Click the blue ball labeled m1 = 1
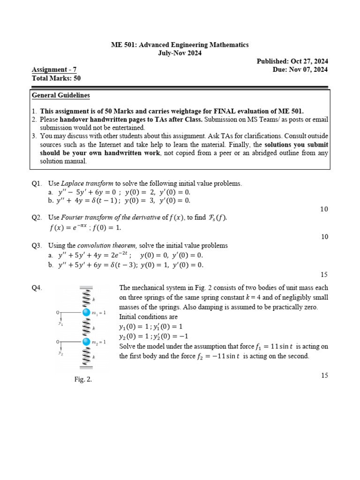coord(86,313)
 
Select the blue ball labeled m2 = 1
coord(86,342)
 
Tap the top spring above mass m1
coord(86,298)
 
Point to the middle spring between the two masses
coord(86,327)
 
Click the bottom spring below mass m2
coord(86,356)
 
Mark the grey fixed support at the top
coord(86,287)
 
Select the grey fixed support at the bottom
coord(86,368)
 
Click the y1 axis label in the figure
coord(60,323)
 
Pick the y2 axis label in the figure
coord(60,353)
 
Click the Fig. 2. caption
coord(83,380)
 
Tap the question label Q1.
coord(37,184)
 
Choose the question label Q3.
coord(37,246)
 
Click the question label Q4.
coord(37,288)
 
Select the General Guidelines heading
coord(61,96)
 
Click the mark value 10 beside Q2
coord(324,237)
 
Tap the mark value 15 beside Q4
coord(324,375)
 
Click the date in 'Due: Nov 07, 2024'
coord(310,70)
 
